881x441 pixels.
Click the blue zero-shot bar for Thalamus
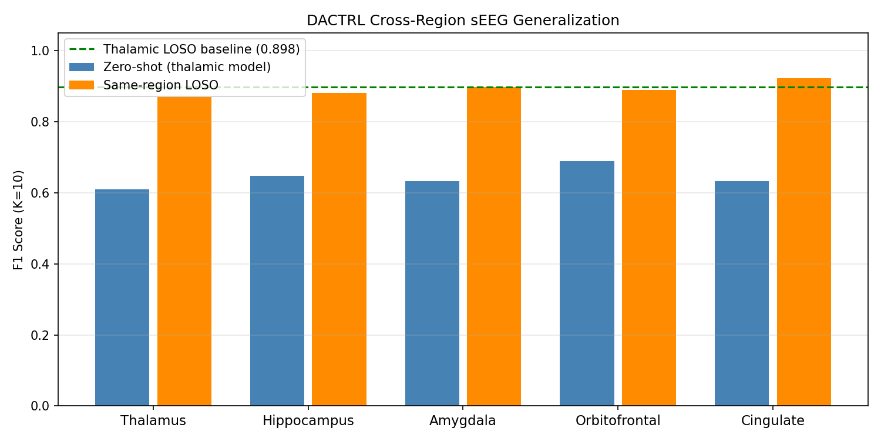122,298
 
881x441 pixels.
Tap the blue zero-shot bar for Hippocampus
277,290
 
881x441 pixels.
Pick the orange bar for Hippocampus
339,249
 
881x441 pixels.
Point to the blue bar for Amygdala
432,293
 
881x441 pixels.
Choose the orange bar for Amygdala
494,246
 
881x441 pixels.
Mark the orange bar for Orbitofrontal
649,248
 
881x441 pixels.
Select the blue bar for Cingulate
742,293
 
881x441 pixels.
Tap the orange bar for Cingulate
804,242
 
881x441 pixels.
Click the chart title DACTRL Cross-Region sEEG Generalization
463,21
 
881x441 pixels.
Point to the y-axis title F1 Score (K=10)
19,219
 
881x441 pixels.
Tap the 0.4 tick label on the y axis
41,264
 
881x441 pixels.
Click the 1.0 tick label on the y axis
41,51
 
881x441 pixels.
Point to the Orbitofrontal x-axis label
618,421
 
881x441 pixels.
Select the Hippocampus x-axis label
308,421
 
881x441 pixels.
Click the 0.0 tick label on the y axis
41,406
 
